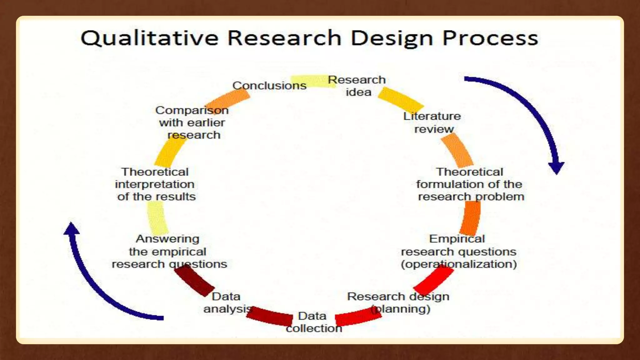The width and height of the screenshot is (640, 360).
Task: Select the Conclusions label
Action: click(x=269, y=86)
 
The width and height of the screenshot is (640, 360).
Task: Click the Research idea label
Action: click(x=357, y=86)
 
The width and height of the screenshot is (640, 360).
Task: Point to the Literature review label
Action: click(x=432, y=122)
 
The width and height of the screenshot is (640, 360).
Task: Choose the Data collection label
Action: click(x=313, y=322)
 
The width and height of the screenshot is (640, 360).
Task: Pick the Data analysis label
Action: click(x=227, y=302)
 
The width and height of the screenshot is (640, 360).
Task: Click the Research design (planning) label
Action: click(x=398, y=302)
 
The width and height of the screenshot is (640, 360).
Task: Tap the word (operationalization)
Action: click(x=459, y=264)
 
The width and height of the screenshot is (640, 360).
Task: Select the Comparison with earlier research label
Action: click(x=192, y=122)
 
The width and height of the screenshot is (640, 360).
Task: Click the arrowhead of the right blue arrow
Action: click(x=557, y=167)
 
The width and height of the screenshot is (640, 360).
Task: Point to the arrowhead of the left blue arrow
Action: click(x=72, y=228)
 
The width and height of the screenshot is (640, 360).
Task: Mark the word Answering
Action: click(x=167, y=239)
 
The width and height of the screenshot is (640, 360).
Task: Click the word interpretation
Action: click(x=155, y=184)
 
